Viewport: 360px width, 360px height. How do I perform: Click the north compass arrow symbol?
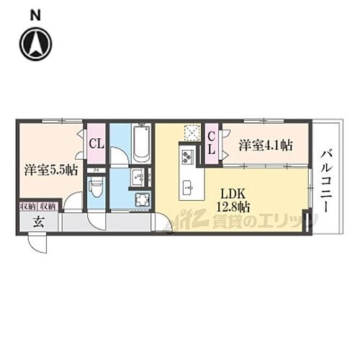pos(36,45)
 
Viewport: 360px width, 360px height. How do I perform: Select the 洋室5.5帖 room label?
pos(51,171)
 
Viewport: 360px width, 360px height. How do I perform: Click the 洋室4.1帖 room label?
pos(266,145)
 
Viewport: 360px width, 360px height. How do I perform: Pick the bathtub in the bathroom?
pos(141,144)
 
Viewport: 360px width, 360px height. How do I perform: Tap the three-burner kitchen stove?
pos(187,155)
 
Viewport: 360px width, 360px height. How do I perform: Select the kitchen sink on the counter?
pos(189,187)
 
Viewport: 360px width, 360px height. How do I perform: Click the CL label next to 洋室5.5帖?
pos(96,143)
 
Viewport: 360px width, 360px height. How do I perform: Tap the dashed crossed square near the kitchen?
pos(191,132)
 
